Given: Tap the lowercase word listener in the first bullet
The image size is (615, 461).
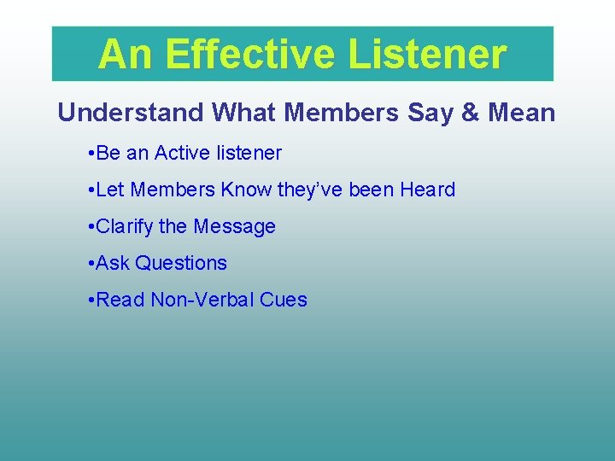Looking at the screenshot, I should click(x=249, y=154).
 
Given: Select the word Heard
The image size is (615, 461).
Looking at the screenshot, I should click(x=427, y=190).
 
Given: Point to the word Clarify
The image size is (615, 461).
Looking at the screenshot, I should click(x=126, y=227).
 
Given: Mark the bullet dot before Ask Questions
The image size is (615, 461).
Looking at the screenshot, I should click(x=91, y=264).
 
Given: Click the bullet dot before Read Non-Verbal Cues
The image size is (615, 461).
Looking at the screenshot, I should click(x=91, y=301).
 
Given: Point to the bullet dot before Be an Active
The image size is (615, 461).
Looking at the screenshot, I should click(x=91, y=154).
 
